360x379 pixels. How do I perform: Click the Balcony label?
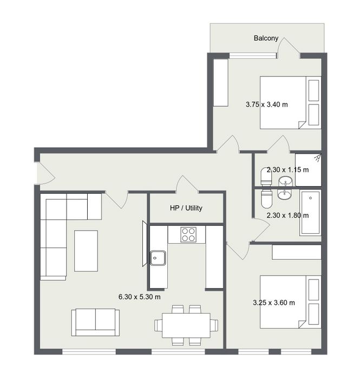[266, 38]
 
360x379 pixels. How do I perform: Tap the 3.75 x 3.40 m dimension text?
[267, 104]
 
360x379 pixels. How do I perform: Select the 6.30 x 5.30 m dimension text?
[140, 297]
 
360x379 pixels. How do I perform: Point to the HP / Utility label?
[186, 208]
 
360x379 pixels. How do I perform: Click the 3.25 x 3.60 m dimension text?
[274, 303]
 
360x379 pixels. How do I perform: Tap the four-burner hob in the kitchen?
[188, 234]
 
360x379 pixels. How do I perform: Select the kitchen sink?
[158, 258]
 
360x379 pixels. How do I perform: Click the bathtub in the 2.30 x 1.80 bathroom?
[310, 213]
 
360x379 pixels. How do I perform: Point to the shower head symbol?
[317, 158]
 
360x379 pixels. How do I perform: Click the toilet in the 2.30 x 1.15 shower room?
[266, 177]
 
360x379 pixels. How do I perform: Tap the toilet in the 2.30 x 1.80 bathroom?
[266, 199]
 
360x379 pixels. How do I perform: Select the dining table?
[186, 325]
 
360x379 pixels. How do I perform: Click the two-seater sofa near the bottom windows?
[95, 322]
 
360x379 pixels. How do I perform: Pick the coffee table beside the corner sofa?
[86, 251]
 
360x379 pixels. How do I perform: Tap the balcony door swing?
[289, 48]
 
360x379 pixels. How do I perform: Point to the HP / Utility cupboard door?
[187, 185]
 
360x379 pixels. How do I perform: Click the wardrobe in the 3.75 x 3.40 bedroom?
[221, 82]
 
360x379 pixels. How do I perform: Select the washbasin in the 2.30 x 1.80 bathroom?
[285, 194]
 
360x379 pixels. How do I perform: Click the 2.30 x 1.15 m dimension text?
[287, 169]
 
